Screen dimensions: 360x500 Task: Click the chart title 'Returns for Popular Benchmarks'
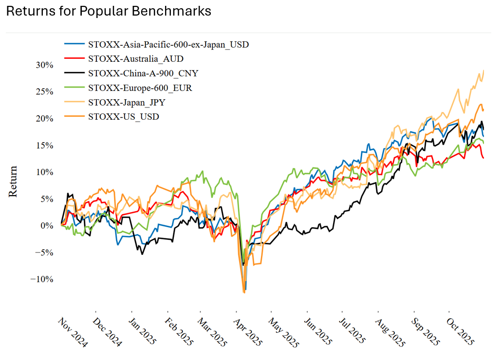tap(109, 12)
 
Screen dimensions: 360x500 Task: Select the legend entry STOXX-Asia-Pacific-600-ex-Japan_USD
tap(168, 45)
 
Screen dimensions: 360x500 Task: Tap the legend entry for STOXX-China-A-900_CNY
tap(143, 73)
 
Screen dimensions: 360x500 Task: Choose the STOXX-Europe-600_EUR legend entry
tap(140, 88)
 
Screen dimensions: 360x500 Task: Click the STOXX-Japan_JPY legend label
tap(128, 103)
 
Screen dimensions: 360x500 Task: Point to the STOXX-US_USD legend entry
tap(123, 117)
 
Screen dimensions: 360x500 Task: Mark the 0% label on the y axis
tap(47, 226)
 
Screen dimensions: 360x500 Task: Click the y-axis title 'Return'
tap(13, 181)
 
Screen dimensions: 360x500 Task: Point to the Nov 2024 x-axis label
tap(73, 333)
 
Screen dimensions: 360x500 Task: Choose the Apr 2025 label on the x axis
tap(248, 333)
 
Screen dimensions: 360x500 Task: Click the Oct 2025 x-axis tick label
tap(460, 333)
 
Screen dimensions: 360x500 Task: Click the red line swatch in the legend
tap(74, 59)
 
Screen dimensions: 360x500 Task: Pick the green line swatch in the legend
tap(74, 88)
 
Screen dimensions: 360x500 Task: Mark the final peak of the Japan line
tap(483, 71)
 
